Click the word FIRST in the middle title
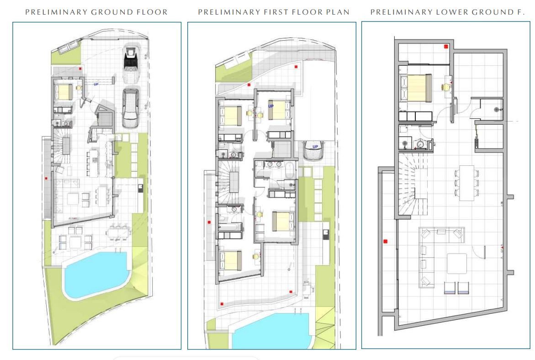(x=275, y=12)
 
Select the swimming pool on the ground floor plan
(x=96, y=275)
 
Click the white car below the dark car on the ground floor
(x=131, y=107)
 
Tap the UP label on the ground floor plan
(x=96, y=84)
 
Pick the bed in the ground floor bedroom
(x=64, y=92)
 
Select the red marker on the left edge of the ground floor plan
(x=46, y=178)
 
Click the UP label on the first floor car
(x=315, y=147)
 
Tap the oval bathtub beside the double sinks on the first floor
(x=290, y=170)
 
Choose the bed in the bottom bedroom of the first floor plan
(x=231, y=260)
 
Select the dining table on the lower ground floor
(x=466, y=183)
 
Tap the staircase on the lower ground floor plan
(x=413, y=184)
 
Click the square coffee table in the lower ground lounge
(x=457, y=264)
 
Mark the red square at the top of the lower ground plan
(x=445, y=47)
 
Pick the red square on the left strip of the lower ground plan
(x=386, y=241)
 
